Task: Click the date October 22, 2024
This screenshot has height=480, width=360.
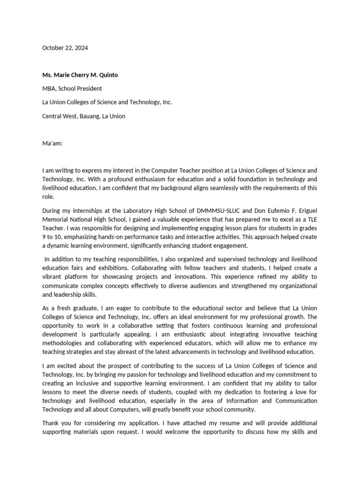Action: (x=65, y=48)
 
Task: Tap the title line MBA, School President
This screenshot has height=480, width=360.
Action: (x=72, y=88)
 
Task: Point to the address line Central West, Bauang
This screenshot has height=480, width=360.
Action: (x=84, y=116)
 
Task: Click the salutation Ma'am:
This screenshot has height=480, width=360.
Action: (x=52, y=144)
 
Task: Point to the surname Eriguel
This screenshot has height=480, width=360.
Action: (x=303, y=210)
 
